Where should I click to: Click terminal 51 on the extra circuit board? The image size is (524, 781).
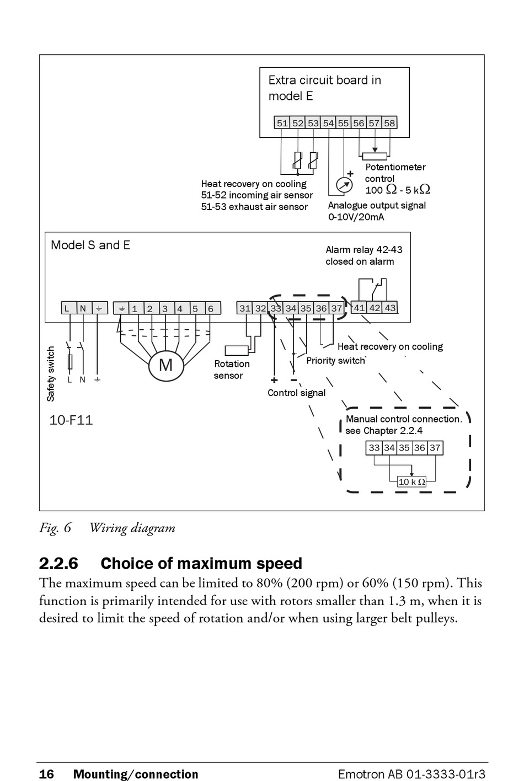[282, 123]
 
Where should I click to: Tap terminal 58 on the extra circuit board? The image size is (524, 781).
[389, 123]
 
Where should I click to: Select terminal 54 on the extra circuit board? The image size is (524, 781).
[328, 123]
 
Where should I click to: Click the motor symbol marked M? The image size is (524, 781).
[166, 366]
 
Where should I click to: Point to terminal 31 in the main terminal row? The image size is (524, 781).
[245, 308]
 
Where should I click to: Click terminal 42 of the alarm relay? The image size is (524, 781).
[375, 308]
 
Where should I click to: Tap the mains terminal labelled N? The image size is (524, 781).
[83, 308]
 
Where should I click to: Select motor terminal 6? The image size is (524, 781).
[211, 308]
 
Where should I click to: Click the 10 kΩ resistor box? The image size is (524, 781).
[411, 482]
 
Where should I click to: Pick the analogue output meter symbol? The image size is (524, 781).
[344, 184]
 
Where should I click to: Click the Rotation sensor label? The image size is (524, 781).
[232, 370]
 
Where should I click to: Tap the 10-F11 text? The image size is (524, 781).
[71, 420]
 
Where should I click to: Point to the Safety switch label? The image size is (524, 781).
[51, 374]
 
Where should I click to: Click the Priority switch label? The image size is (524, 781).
[336, 361]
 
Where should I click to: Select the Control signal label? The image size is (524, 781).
[296, 393]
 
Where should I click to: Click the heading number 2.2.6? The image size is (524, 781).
[58, 564]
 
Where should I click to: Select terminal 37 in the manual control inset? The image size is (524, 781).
[435, 448]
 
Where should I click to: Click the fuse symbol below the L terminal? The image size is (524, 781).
[70, 362]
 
